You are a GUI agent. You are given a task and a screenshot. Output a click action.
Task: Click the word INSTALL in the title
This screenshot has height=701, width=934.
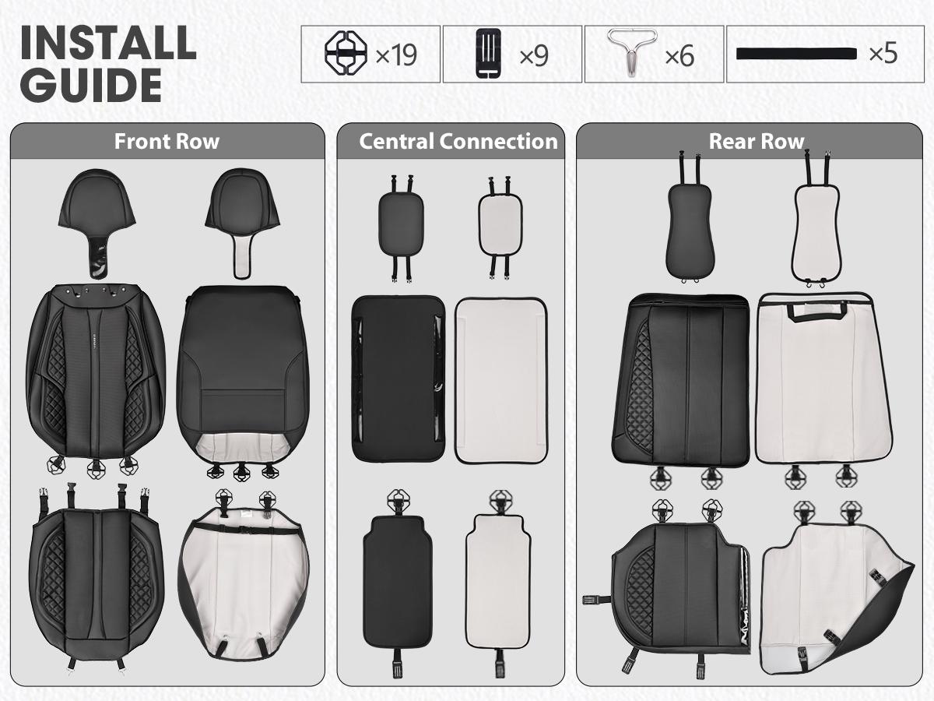coord(107,42)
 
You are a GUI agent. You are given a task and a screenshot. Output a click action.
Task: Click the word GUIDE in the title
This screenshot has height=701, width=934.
coord(90,85)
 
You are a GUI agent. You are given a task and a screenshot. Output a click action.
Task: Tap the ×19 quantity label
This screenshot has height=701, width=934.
coord(396,55)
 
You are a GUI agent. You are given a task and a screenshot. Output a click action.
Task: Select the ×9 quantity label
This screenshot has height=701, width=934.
coord(534,55)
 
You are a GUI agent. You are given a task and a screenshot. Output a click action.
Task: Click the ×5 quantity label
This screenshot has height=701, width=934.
coord(883,54)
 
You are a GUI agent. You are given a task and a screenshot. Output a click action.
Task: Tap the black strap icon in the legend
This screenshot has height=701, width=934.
coord(796,54)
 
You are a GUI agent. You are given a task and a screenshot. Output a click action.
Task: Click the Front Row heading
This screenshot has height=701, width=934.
coord(167,142)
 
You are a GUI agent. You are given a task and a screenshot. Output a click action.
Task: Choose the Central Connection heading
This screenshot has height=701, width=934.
coord(458,142)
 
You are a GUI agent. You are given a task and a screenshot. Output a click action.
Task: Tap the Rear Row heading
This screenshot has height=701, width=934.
coord(756,142)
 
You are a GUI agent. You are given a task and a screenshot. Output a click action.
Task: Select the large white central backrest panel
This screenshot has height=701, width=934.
coord(501,379)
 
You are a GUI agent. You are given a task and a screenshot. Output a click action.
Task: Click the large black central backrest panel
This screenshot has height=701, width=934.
coord(399,379)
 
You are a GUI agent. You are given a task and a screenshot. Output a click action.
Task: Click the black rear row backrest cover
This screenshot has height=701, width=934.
coord(683,378)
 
